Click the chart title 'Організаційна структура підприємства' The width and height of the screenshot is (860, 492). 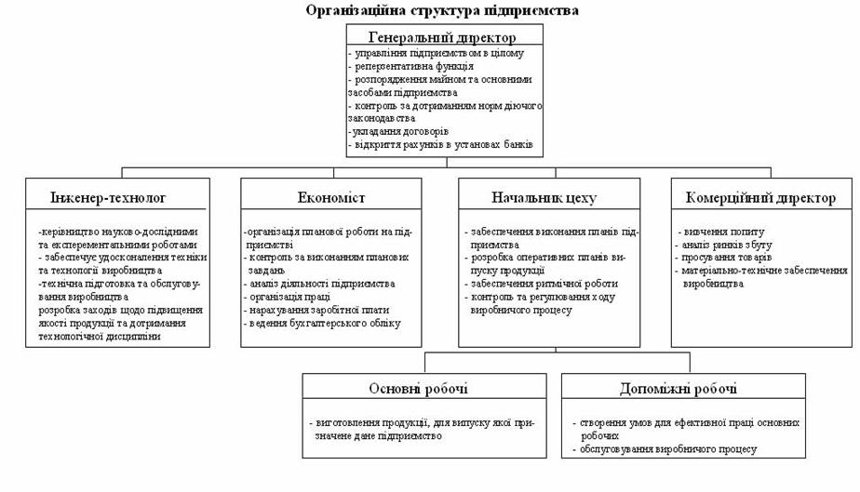pos(442,10)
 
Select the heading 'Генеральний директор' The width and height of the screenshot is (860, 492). pos(442,38)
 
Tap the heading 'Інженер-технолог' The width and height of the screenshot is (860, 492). pos(108,198)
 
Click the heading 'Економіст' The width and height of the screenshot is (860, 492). pos(331,198)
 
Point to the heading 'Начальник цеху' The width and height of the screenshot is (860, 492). pos(544,198)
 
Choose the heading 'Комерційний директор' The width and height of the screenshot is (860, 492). pos(760,198)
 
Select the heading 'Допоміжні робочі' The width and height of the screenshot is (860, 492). pos(678,389)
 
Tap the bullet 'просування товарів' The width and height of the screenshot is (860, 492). pos(727,258)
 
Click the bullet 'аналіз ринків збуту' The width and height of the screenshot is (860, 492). pos(727,245)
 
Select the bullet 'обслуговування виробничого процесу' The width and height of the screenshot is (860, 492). pos(667,449)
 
